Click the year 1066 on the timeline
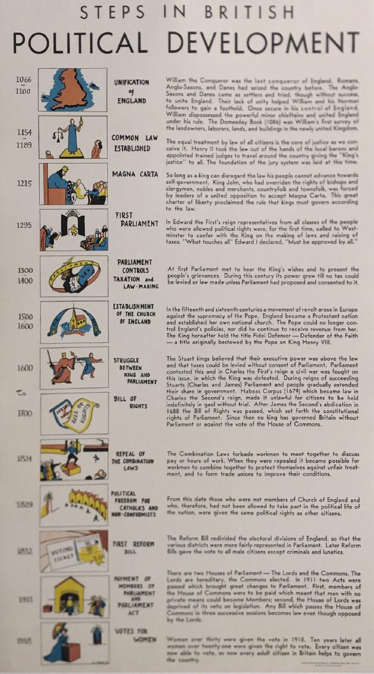tap(25, 80)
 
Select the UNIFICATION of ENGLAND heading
tap(131, 91)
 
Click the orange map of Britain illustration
tap(72, 91)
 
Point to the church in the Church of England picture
tap(77, 320)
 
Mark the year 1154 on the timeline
tap(25, 132)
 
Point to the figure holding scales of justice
tap(72, 137)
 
